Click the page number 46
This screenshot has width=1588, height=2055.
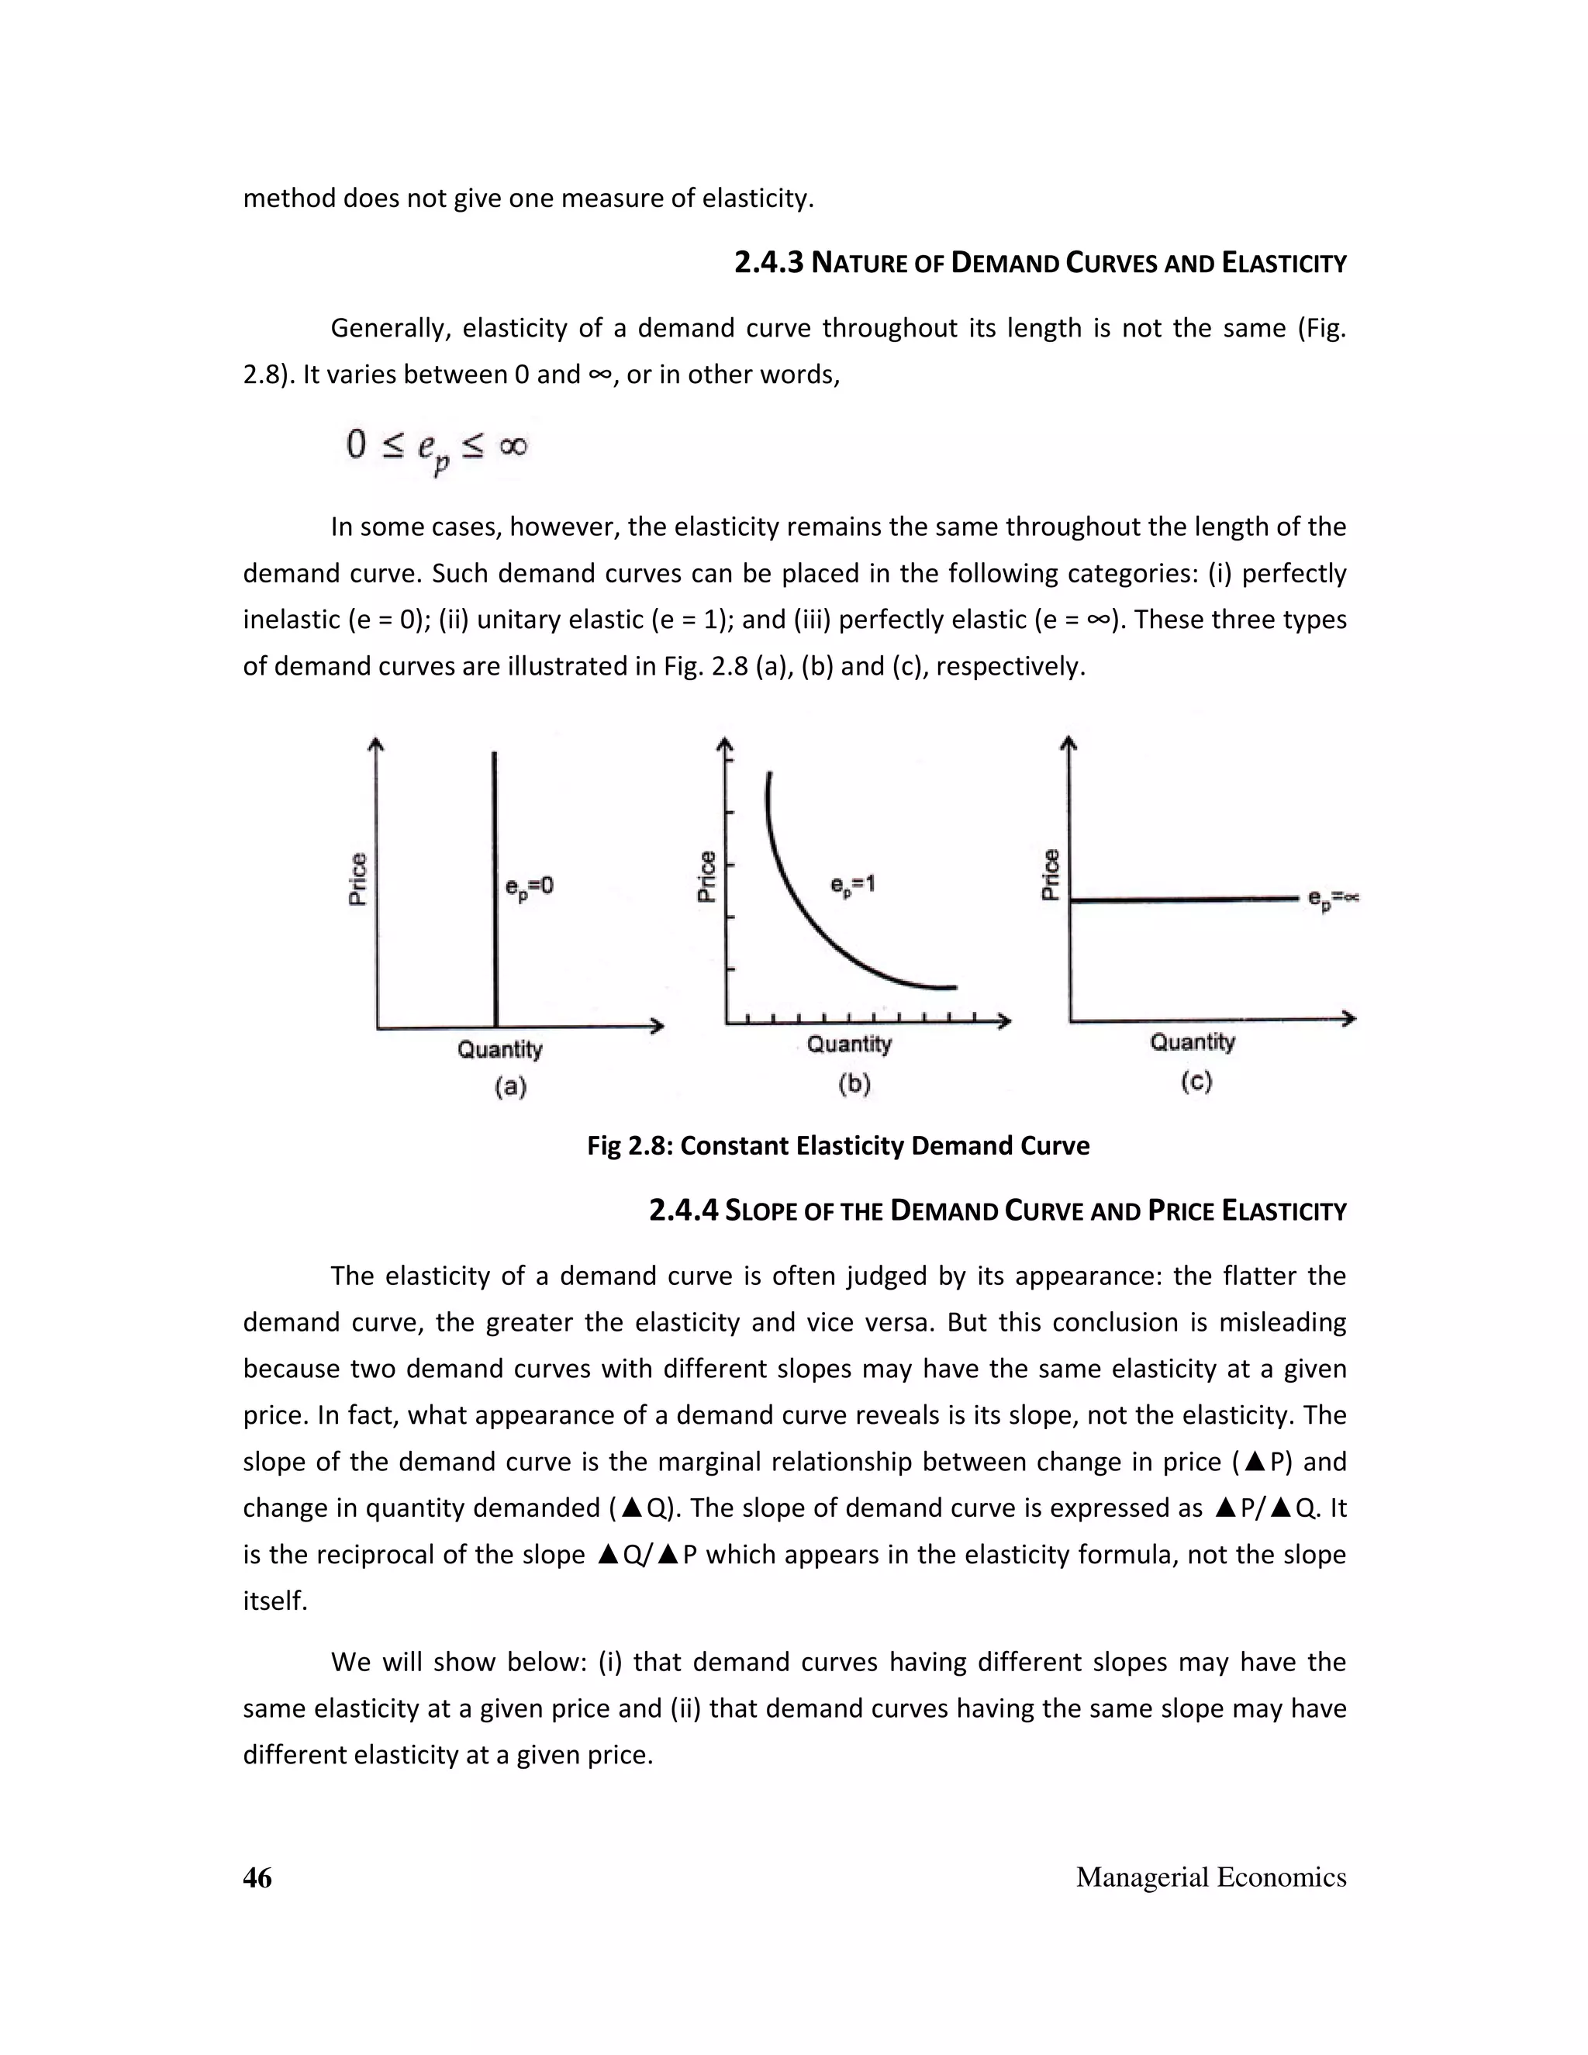257,1877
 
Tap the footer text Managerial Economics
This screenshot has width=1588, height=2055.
1210,1877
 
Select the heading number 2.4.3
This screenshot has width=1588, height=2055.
768,263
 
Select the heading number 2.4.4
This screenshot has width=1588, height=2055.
683,1210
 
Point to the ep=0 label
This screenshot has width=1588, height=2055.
530,887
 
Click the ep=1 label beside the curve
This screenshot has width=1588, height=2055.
852,886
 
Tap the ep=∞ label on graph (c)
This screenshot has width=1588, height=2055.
1332,900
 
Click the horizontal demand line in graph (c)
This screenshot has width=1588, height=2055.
1186,900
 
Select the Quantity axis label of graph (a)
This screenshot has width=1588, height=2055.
499,1049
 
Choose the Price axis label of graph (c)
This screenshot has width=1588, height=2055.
1051,874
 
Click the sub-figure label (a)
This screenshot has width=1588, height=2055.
510,1088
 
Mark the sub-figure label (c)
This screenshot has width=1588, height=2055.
1196,1082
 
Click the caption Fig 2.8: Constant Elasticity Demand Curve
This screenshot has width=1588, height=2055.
837,1146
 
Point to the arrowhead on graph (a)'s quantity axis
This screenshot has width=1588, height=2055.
658,1027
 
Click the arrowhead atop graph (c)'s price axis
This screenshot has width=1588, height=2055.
1068,744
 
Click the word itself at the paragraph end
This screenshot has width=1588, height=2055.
274,1601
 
